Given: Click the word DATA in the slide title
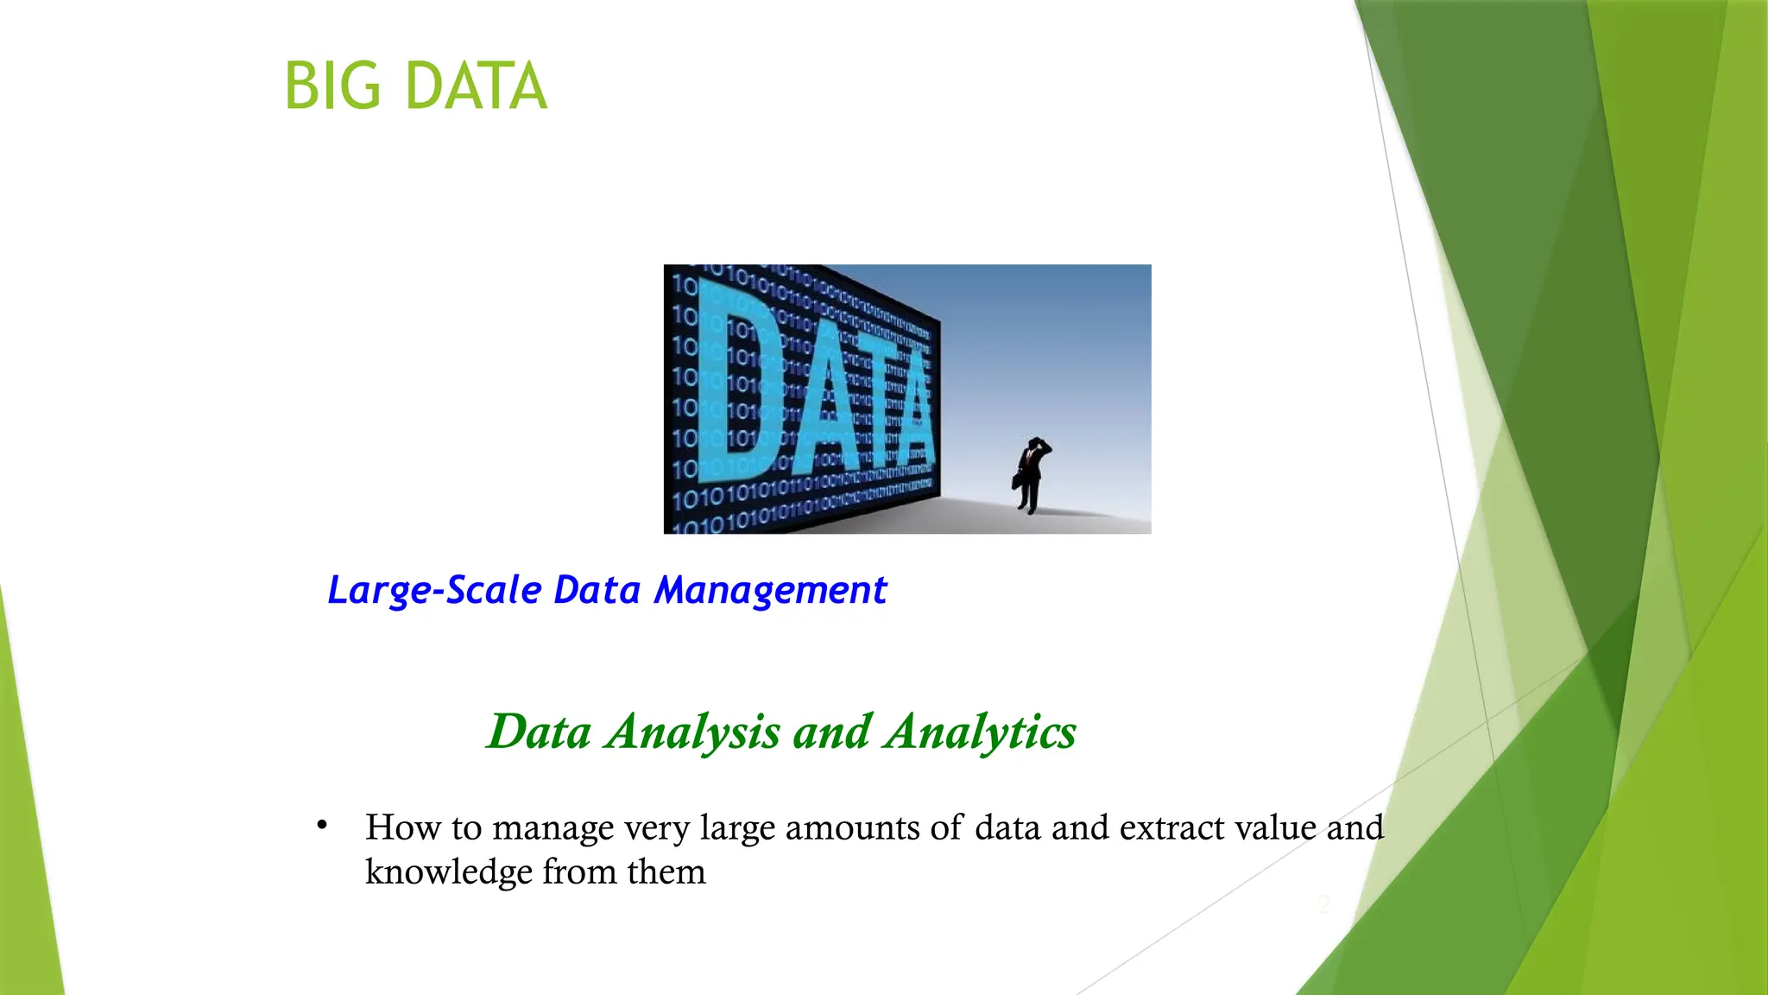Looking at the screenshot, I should (x=476, y=87).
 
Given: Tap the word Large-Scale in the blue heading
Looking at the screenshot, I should (x=435, y=591).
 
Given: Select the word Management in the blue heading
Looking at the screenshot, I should (x=769, y=591).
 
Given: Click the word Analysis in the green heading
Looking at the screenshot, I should (x=693, y=732).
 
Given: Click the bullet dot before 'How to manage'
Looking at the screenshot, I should (x=322, y=826).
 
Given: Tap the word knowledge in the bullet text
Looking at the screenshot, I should (x=448, y=871).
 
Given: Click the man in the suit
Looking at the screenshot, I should (x=1031, y=475).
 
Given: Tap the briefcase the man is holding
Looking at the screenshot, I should (x=1018, y=480).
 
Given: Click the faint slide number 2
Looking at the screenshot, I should (x=1324, y=904).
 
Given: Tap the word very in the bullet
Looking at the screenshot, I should (x=658, y=827).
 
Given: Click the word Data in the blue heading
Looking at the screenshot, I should (x=597, y=591).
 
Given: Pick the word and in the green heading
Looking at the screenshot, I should (x=832, y=732).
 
